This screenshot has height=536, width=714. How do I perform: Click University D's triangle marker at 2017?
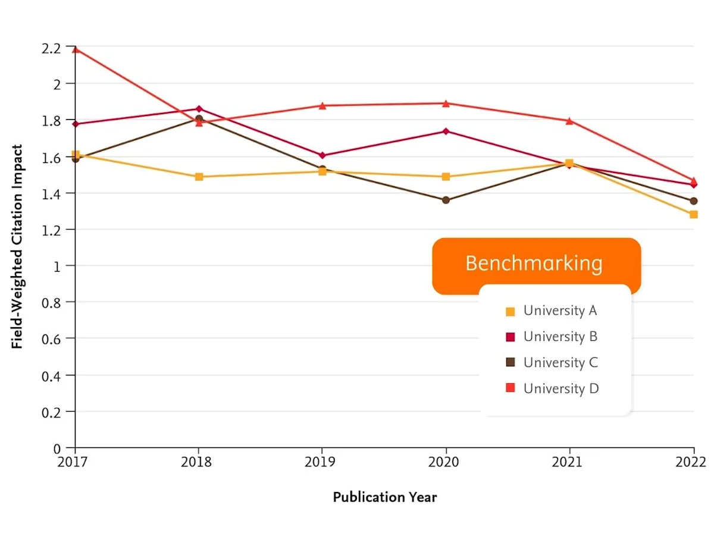76,49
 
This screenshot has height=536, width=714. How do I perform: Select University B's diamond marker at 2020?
446,131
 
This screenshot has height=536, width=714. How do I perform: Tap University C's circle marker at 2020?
446,200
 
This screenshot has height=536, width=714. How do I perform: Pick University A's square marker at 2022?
694,214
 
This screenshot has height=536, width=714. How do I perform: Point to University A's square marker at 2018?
199,177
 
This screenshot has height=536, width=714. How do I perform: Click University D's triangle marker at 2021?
570,121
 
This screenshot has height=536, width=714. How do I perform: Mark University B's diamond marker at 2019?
322,155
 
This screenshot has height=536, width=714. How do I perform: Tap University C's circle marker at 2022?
694,201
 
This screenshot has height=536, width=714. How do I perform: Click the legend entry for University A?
559,311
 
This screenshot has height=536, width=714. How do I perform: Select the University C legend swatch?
510,362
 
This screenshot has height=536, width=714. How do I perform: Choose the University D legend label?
561,388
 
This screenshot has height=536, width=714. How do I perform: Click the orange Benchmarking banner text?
534,263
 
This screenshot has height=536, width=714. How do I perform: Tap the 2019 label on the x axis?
322,462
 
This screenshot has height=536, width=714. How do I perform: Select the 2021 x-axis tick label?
569,462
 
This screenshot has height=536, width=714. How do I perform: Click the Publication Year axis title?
384,497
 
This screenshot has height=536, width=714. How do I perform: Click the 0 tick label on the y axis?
57,448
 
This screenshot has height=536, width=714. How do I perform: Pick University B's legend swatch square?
510,337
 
